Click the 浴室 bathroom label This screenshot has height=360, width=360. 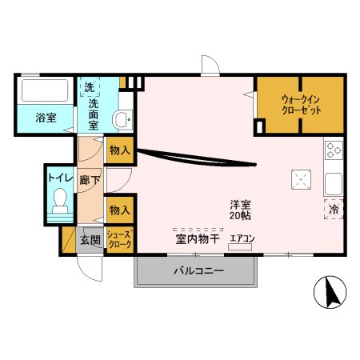[x=46, y=118]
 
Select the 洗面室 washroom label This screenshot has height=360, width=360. [x=94, y=114]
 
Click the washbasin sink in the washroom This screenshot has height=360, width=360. [x=122, y=120]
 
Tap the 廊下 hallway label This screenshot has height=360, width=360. [x=90, y=181]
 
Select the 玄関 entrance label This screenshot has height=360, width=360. [x=90, y=239]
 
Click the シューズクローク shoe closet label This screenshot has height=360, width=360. [x=119, y=238]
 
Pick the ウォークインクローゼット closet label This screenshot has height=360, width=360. [x=301, y=105]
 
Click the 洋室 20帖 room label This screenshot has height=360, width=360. [x=239, y=210]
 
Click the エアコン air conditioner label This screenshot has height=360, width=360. [x=242, y=238]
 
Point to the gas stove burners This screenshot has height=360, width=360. [x=333, y=150]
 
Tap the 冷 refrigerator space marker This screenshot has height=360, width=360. [x=334, y=210]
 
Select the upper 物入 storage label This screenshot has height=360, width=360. [x=120, y=150]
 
